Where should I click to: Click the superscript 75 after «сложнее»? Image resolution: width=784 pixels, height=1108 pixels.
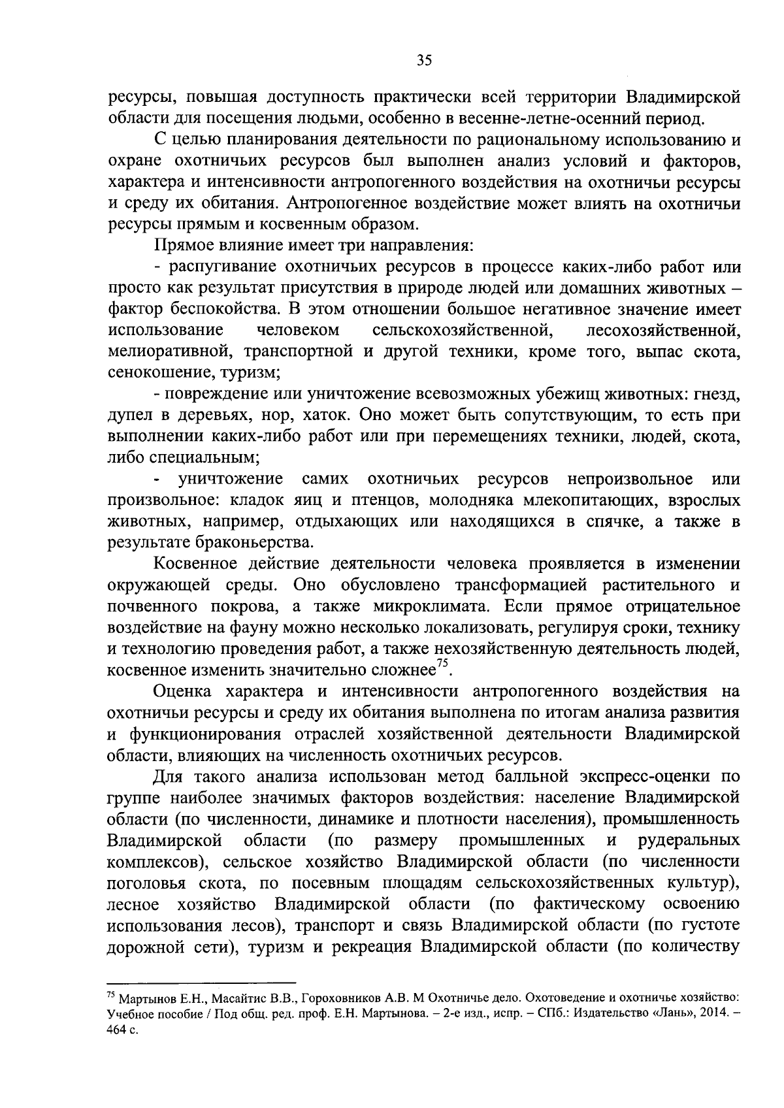(x=442, y=664)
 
